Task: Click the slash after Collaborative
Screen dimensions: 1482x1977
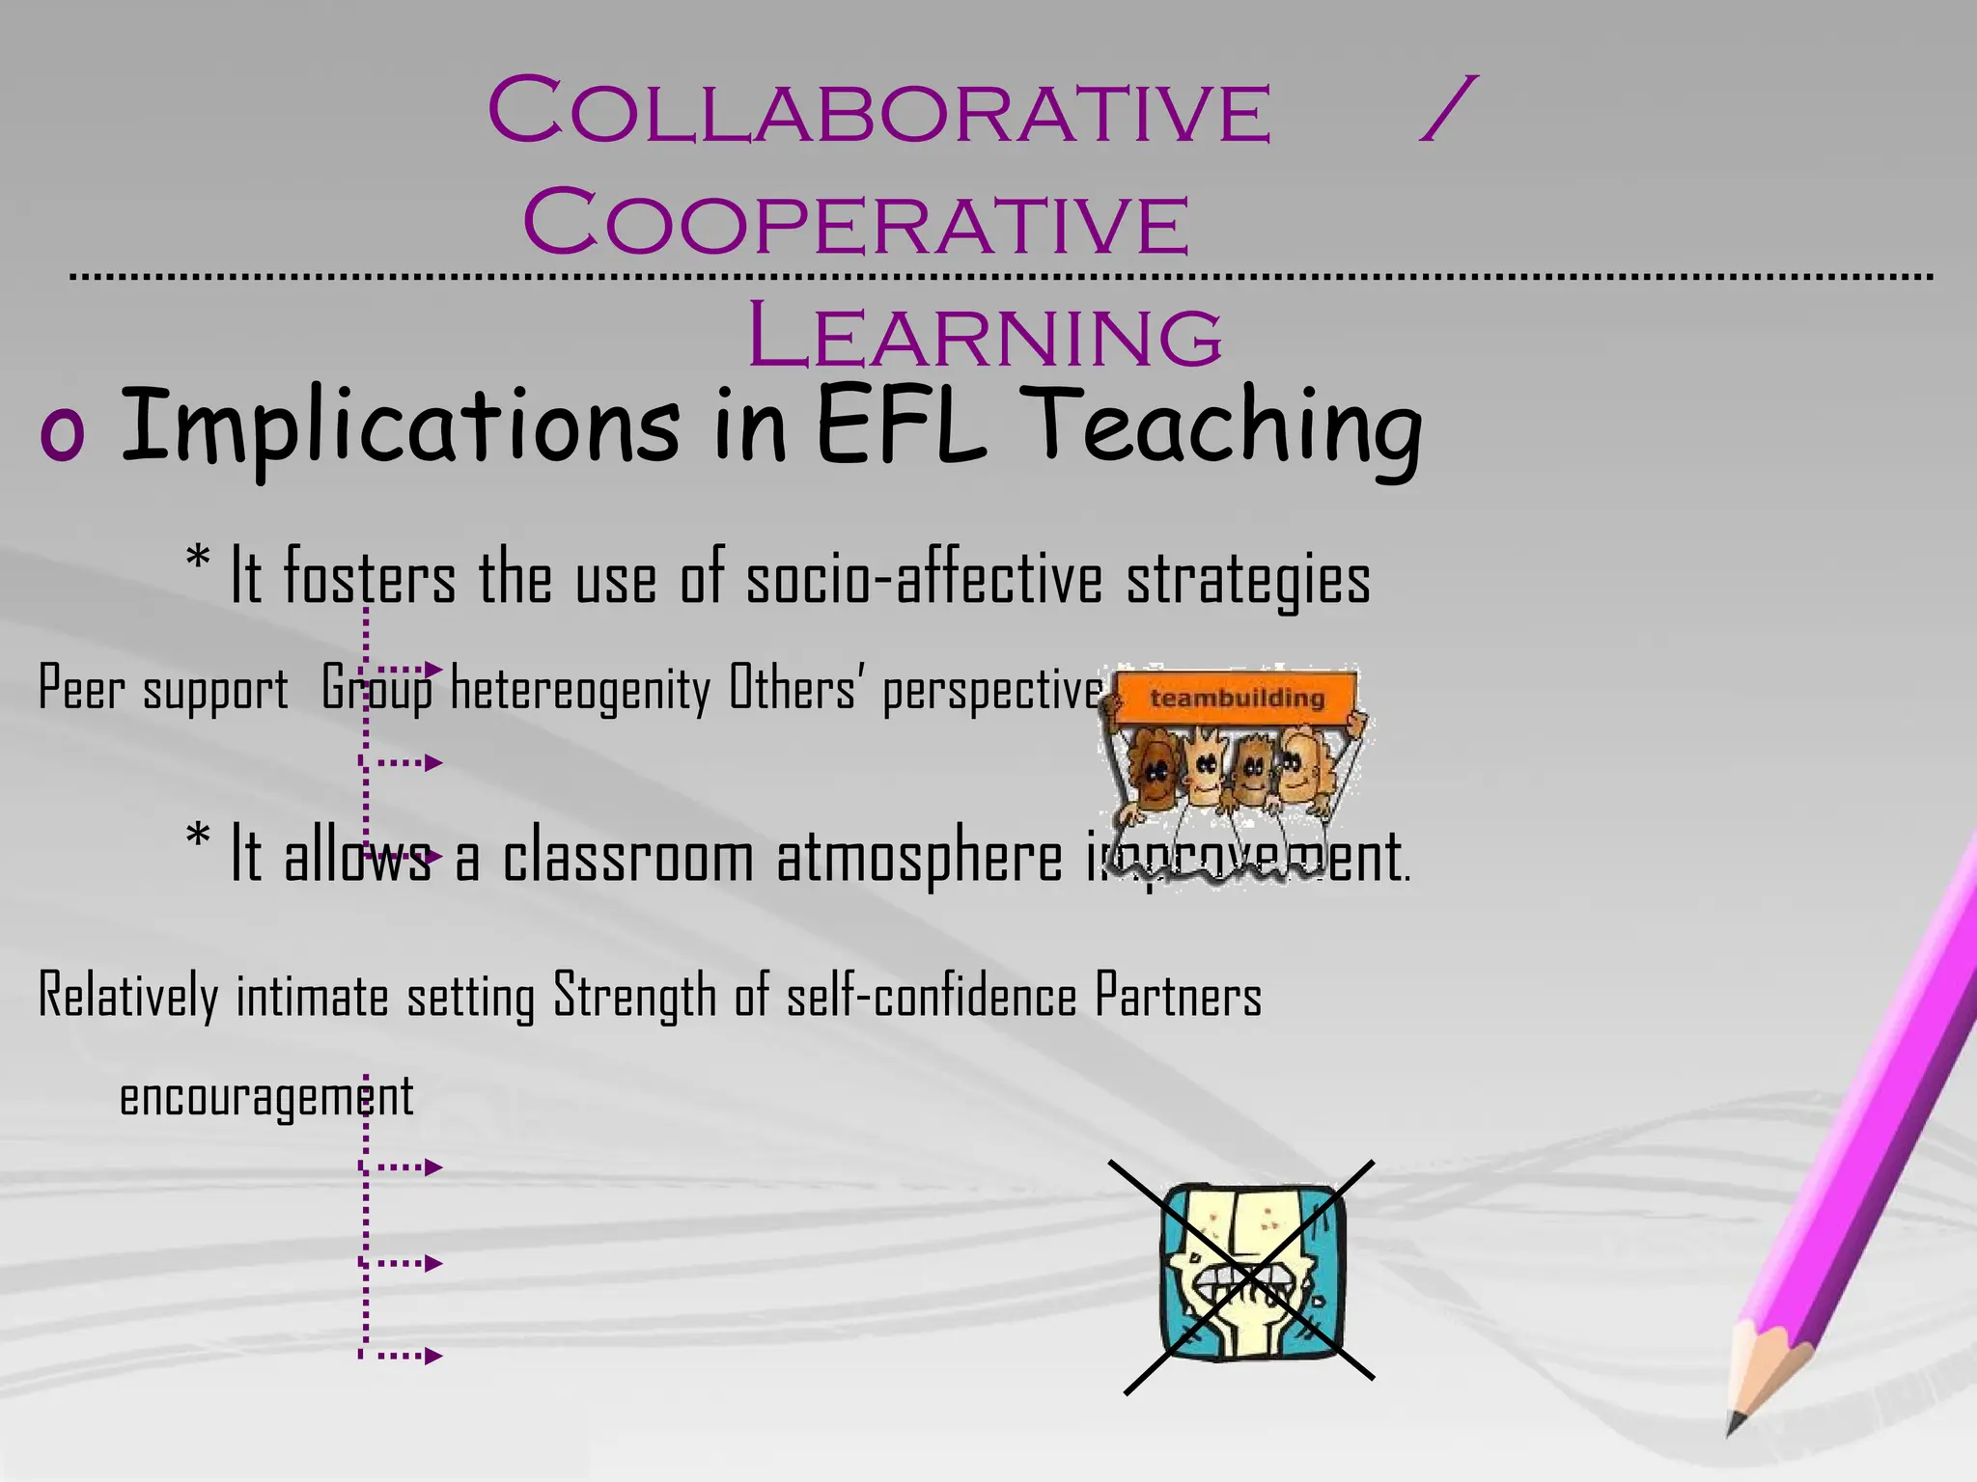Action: click(1447, 110)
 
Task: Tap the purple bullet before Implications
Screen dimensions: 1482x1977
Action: click(62, 433)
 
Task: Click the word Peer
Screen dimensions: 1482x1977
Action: click(81, 689)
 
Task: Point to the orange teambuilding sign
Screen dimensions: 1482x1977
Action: click(1237, 697)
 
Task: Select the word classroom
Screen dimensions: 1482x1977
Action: click(627, 857)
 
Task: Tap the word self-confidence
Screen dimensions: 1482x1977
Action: click(932, 997)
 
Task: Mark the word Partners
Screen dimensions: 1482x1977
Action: click(1178, 997)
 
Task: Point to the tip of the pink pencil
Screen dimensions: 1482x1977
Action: click(1734, 1427)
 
